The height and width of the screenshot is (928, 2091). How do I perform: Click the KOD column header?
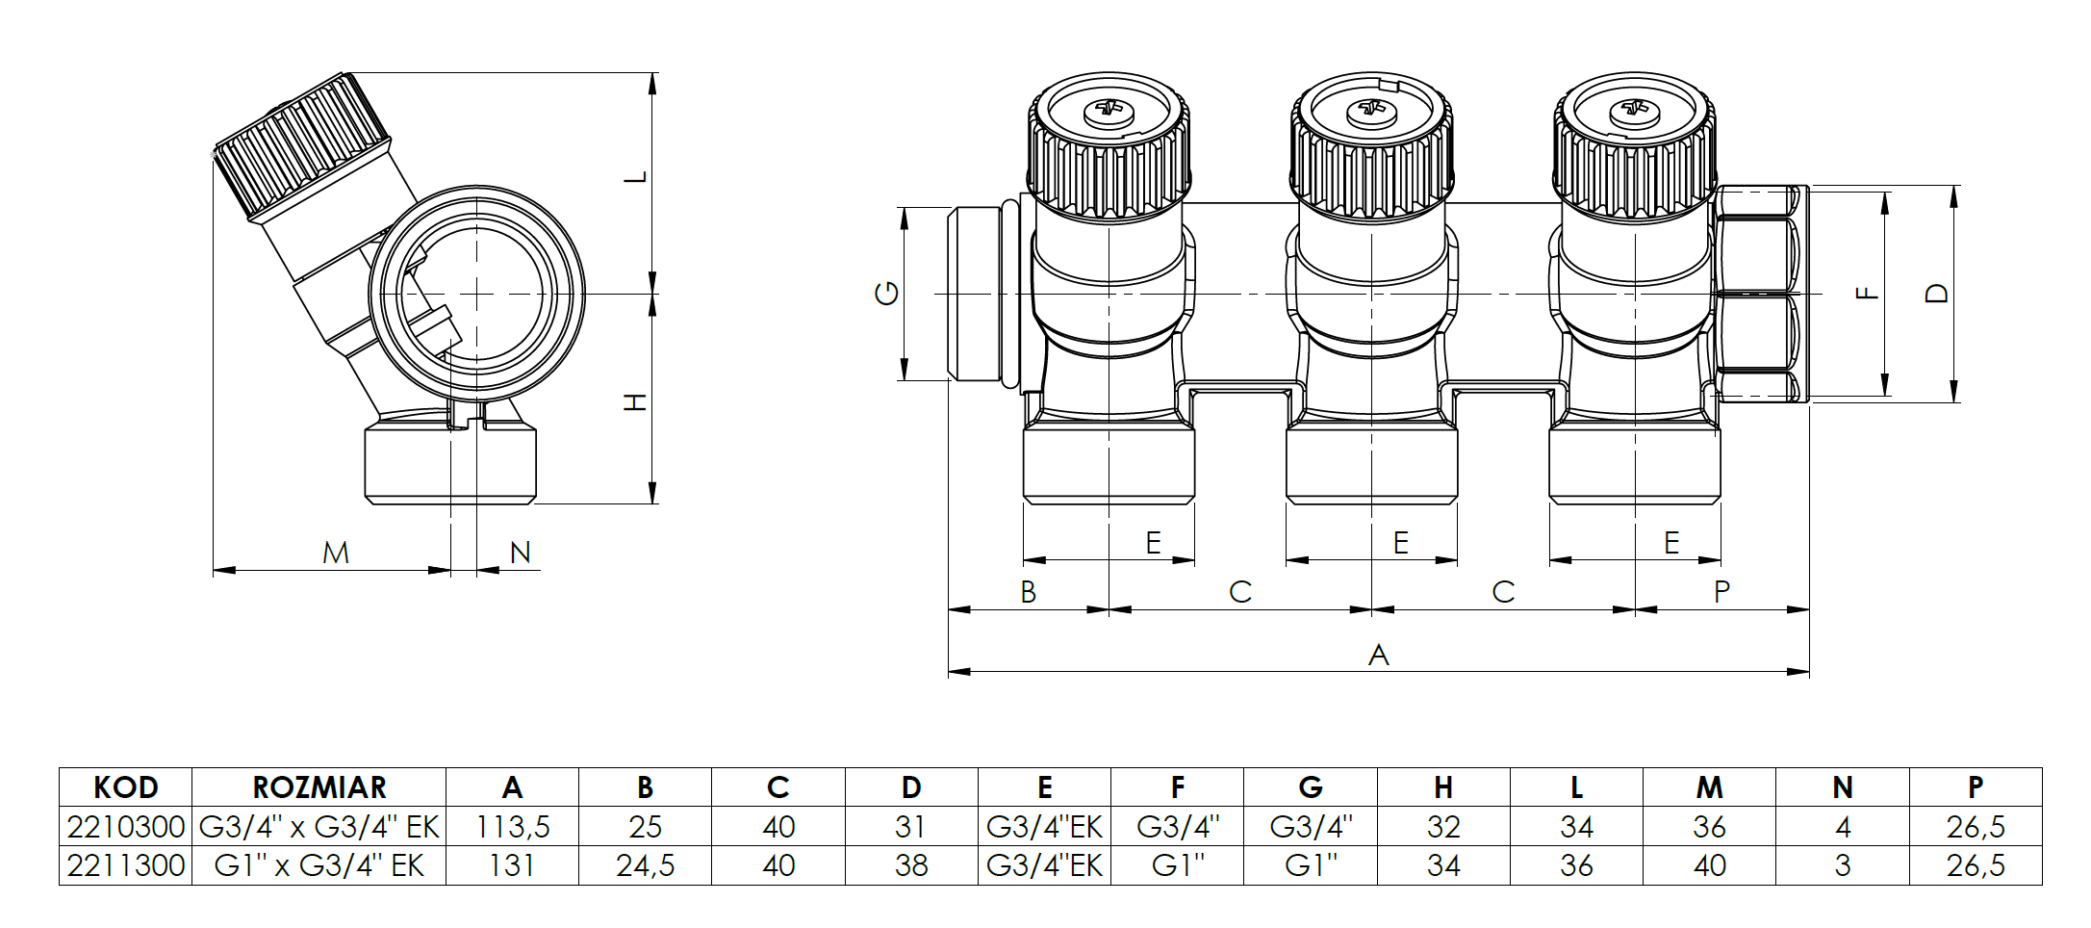click(125, 787)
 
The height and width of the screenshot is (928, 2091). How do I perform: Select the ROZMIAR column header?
click(319, 787)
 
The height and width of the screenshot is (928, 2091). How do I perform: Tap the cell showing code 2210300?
click(125, 827)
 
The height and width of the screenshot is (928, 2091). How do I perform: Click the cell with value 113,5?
click(512, 827)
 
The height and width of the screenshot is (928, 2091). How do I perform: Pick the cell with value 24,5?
click(645, 865)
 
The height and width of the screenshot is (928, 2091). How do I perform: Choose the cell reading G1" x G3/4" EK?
click(319, 865)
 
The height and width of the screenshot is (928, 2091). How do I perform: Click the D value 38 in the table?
click(910, 865)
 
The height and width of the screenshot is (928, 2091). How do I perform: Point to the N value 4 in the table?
click(1842, 827)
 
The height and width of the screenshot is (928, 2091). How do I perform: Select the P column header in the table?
click(1975, 787)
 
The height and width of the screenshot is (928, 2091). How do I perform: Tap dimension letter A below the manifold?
click(1378, 656)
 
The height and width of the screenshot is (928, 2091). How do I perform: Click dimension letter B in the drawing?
click(1028, 592)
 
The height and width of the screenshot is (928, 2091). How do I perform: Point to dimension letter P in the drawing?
click(1721, 592)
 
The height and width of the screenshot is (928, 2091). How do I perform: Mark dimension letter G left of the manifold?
click(886, 293)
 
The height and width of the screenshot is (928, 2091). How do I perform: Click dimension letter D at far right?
click(1937, 294)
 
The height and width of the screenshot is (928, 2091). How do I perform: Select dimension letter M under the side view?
click(335, 554)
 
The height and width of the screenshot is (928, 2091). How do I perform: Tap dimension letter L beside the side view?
click(636, 177)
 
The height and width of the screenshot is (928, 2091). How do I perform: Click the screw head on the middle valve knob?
click(1370, 111)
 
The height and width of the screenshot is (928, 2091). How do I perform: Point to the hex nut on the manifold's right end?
click(1757, 294)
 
